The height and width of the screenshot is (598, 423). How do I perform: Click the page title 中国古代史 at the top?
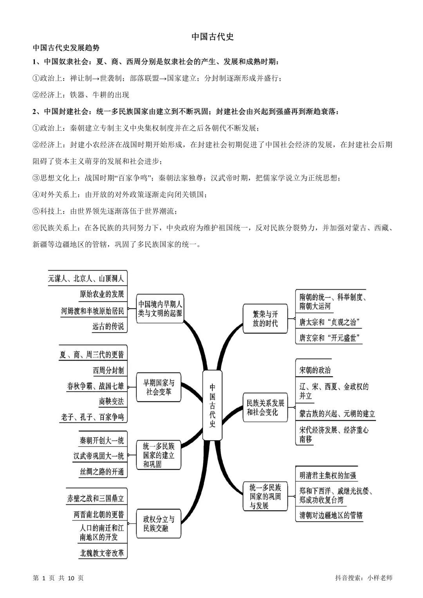[212, 37]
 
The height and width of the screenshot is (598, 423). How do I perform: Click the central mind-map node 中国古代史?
[212, 405]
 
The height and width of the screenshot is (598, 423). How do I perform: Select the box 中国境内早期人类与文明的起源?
[160, 308]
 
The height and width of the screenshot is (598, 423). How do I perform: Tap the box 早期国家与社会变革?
[158, 387]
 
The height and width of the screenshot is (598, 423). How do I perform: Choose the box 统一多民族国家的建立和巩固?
[158, 455]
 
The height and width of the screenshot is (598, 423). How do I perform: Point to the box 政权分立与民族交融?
[158, 524]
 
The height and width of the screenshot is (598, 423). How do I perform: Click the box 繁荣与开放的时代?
[265, 318]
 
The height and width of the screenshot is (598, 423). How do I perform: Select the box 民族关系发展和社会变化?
[265, 407]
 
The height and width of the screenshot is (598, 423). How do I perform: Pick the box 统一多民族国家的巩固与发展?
[265, 496]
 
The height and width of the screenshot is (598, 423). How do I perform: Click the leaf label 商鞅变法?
[111, 401]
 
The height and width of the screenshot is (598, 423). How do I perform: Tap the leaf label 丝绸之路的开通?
[102, 472]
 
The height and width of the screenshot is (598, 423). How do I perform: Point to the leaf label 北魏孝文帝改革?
[102, 553]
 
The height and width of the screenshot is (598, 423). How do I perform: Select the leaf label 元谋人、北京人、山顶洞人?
[86, 278]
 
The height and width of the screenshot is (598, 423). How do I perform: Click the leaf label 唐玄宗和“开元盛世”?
[329, 338]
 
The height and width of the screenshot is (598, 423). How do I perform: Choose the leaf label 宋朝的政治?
[315, 370]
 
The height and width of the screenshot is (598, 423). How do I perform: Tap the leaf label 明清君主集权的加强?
[327, 475]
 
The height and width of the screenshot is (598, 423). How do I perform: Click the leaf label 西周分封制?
[108, 370]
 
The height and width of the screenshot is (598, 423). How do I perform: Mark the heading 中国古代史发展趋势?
[66, 48]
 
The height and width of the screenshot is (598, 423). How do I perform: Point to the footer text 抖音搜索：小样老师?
[364, 578]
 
